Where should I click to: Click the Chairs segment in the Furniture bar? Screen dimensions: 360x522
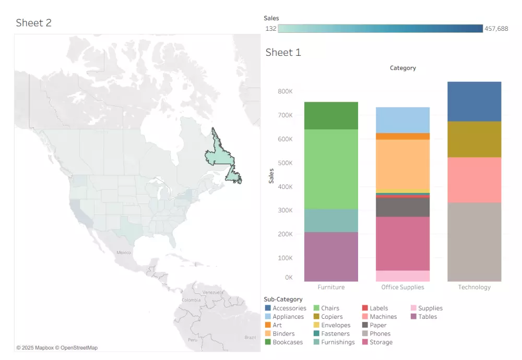click(x=331, y=169)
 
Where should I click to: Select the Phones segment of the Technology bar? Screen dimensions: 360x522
click(x=474, y=242)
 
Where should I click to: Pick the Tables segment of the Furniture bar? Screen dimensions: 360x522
click(x=331, y=257)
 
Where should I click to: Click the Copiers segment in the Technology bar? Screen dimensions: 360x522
click(x=474, y=139)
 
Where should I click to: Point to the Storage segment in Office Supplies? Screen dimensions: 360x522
click(x=402, y=243)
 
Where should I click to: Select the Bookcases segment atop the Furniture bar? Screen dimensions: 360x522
click(x=331, y=115)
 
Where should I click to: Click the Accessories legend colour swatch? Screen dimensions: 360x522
click(x=268, y=308)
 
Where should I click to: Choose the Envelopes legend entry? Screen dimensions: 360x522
click(x=336, y=325)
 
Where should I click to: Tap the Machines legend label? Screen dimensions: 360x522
click(x=383, y=317)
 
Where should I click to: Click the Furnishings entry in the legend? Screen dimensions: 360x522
click(x=338, y=342)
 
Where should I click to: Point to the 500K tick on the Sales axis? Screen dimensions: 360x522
click(x=285, y=163)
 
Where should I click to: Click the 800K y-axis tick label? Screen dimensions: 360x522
click(x=285, y=91)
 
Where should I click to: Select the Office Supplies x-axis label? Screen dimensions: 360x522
click(x=402, y=287)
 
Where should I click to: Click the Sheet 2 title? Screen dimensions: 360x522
click(x=33, y=22)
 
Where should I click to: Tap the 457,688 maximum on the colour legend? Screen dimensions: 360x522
click(x=496, y=29)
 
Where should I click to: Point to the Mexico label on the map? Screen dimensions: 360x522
click(x=124, y=253)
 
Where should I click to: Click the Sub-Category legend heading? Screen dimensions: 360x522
click(x=283, y=299)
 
